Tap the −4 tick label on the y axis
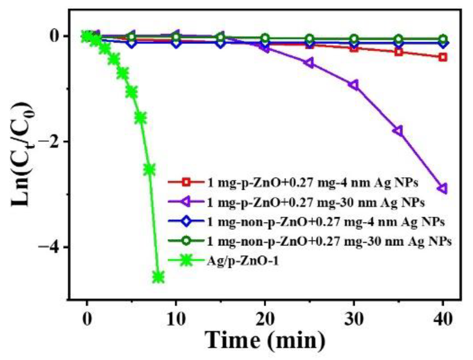[49, 247]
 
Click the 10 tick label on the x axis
[175, 319]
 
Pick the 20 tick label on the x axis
[265, 319]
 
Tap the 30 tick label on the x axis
[354, 319]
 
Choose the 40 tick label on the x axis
[443, 319]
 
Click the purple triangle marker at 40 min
[443, 189]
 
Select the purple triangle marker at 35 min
[398, 131]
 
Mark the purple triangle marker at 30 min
[354, 85]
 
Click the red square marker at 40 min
[443, 57]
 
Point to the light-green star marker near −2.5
[149, 169]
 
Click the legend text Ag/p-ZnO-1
[243, 261]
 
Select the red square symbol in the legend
[186, 182]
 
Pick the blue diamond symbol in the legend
[186, 222]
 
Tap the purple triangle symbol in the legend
[186, 202]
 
